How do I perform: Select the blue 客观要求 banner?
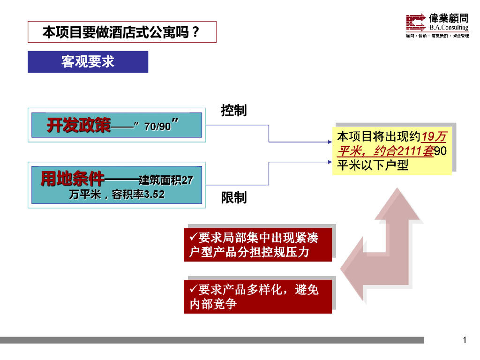point(88,61)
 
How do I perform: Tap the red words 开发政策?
point(79,126)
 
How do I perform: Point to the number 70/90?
point(158,127)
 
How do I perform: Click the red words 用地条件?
point(73,179)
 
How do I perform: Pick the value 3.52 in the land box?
point(155,195)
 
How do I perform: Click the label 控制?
point(233,111)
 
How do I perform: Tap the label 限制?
point(233,198)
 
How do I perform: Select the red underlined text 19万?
point(434,137)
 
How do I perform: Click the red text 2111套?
point(415,151)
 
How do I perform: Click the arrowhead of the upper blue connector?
point(330,141)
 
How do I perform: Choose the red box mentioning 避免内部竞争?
point(258,297)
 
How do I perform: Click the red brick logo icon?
point(416,22)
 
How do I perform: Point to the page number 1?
point(465,340)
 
